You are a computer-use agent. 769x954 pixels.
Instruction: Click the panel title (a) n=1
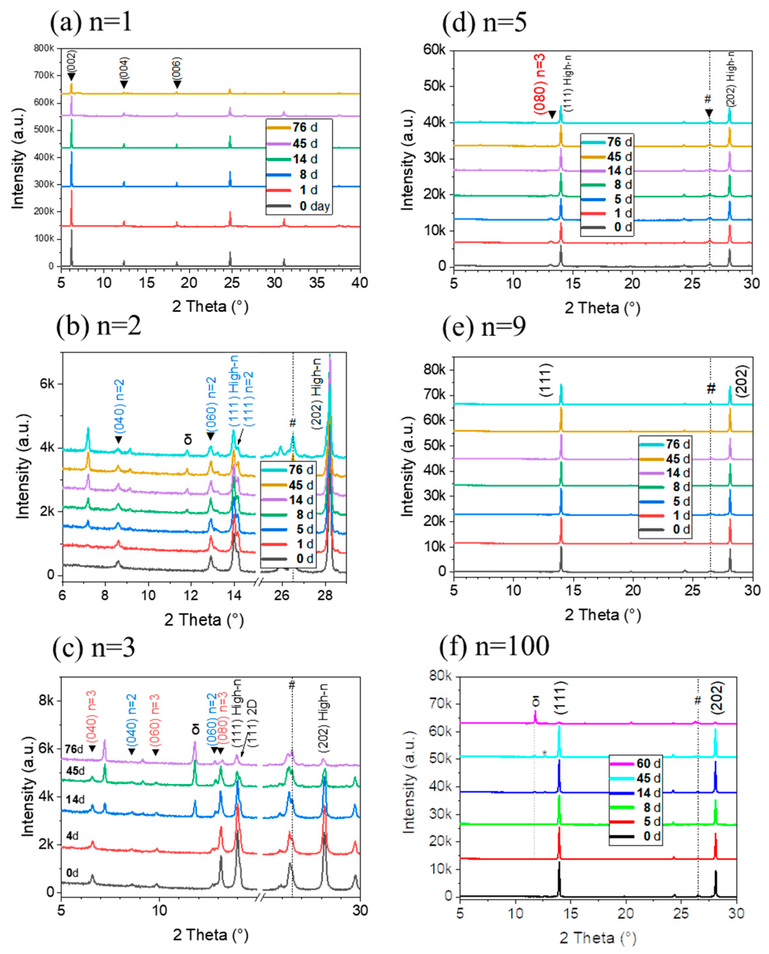click(91, 22)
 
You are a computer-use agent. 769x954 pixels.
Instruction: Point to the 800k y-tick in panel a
click(44, 48)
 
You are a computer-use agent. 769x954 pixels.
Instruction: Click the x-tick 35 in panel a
click(317, 283)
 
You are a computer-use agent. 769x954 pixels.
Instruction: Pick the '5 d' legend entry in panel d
click(623, 199)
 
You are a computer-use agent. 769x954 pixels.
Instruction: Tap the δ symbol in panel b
click(188, 439)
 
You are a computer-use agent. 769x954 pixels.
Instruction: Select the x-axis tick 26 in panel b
click(282, 594)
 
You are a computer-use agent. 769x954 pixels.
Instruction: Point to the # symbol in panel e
click(710, 389)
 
